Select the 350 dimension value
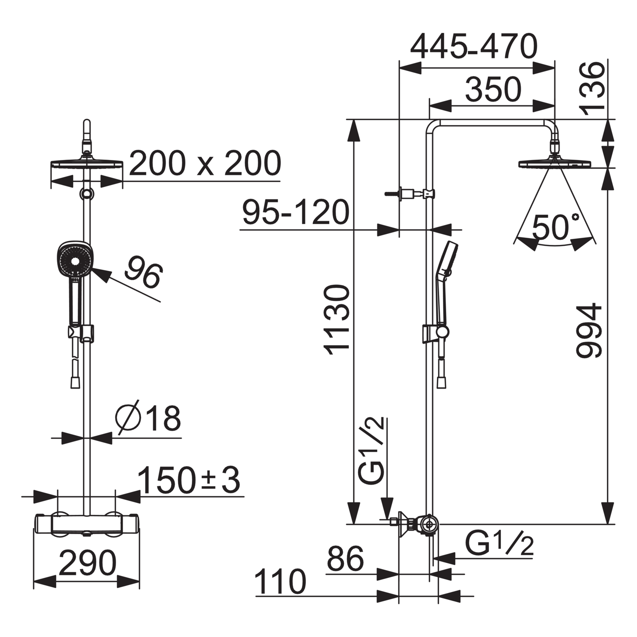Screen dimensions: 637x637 coord(493,90)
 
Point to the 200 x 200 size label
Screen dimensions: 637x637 coord(205,163)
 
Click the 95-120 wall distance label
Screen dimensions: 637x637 coord(296,212)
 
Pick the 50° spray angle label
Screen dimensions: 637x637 coord(555,227)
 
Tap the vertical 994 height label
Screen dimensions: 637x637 coord(589,330)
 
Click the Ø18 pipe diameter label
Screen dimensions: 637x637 coord(148,419)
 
